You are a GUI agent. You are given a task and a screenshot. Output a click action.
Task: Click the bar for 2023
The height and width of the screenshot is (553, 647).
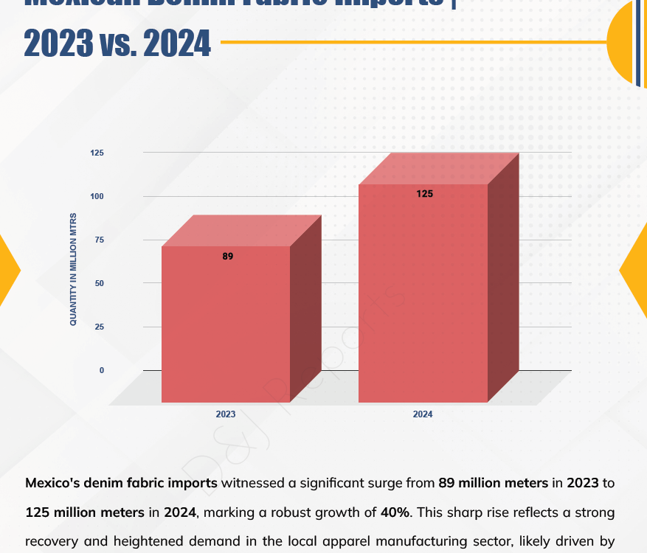pos(226,324)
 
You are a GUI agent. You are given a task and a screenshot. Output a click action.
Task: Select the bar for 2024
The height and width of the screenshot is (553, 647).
pos(423,295)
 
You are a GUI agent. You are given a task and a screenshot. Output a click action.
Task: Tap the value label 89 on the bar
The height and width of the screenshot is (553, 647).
pos(227,257)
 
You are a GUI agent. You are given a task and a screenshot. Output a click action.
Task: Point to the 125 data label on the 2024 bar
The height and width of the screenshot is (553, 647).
pos(424,195)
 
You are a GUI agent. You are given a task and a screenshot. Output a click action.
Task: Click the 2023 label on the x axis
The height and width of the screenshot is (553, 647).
pos(226,414)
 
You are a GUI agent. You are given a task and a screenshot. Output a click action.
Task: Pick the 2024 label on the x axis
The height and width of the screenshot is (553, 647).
pos(423,414)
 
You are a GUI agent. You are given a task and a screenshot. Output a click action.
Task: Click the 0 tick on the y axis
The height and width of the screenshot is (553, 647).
pos(102,370)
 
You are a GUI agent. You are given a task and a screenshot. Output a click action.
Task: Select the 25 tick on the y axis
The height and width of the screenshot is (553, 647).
pos(100,327)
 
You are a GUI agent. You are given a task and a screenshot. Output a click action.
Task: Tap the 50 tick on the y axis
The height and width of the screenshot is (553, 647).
pos(100,283)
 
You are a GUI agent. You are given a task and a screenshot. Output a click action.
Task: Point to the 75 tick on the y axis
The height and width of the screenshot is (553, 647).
pos(100,240)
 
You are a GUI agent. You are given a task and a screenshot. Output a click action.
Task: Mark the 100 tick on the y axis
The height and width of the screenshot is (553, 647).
pos(97,196)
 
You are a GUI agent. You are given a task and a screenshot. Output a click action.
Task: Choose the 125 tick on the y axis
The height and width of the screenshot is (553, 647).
pos(97,153)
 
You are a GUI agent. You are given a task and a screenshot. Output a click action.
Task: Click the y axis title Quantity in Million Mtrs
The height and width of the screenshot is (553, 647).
pos(73,270)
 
